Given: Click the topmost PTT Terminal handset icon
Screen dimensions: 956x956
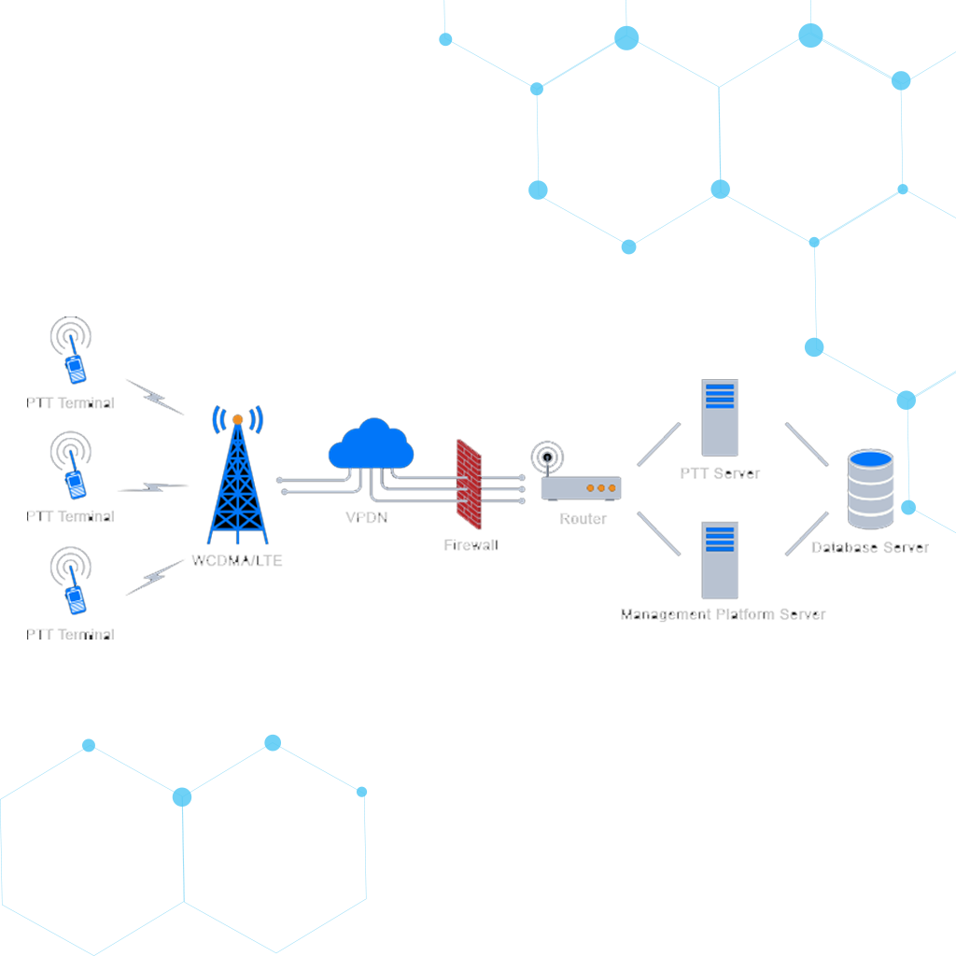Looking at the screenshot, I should [x=74, y=366].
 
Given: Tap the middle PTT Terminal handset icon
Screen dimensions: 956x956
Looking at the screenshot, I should [x=74, y=480].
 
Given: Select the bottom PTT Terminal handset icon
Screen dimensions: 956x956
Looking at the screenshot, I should [x=74, y=597].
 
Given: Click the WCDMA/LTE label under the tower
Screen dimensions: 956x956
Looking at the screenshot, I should [x=237, y=561].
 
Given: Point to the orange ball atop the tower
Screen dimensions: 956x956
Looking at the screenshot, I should [x=238, y=419].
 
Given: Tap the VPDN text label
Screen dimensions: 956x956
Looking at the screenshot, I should [x=367, y=517].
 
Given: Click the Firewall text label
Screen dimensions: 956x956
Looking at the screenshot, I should [x=471, y=544].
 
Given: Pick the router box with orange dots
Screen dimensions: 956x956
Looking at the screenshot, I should [x=581, y=487].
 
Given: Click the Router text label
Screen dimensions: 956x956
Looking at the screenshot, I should [x=583, y=519].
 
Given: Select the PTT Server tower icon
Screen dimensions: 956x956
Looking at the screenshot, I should [x=720, y=416].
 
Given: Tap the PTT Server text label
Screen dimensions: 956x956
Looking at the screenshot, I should [x=720, y=473].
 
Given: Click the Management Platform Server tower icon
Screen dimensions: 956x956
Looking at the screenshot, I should [x=720, y=560].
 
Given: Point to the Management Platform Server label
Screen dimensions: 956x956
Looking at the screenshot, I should [x=724, y=614].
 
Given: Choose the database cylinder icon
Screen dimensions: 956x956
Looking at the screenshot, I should [x=870, y=489].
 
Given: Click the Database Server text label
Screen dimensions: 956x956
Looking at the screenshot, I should [x=870, y=548].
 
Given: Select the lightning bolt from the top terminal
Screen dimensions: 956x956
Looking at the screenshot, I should [x=154, y=396].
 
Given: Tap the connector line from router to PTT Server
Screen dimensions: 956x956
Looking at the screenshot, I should [x=658, y=444].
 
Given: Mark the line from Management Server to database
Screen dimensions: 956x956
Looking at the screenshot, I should [x=807, y=534].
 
